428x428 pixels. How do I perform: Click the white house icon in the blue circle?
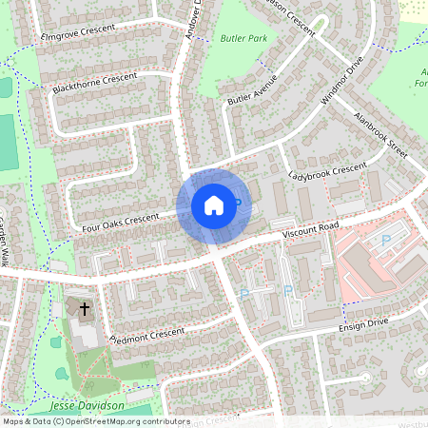tap(213, 204)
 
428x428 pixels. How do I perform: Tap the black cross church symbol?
tap(85, 309)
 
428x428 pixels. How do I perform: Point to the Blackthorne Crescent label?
tap(96, 81)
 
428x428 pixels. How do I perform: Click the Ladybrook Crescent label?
tap(327, 171)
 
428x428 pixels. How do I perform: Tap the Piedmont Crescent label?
tap(146, 336)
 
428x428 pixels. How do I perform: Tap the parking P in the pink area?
tap(385, 242)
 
